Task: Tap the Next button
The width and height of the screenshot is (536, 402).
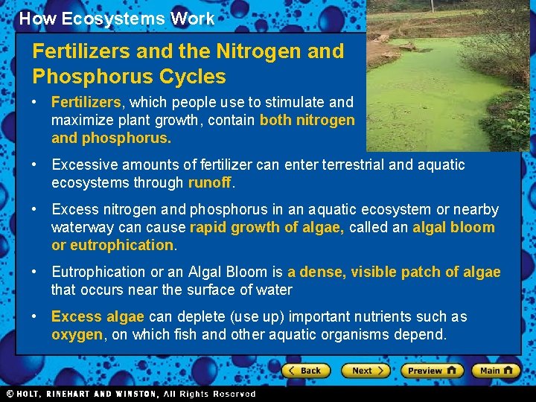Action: click(366, 370)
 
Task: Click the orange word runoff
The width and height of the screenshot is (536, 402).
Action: click(210, 182)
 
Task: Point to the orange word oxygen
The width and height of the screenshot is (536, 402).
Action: click(77, 334)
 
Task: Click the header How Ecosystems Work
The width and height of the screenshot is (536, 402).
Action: click(116, 19)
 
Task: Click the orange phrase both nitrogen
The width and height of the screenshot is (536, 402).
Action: click(307, 120)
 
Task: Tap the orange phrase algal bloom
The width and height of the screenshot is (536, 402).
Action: click(453, 227)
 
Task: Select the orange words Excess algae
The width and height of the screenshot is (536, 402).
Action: click(98, 316)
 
